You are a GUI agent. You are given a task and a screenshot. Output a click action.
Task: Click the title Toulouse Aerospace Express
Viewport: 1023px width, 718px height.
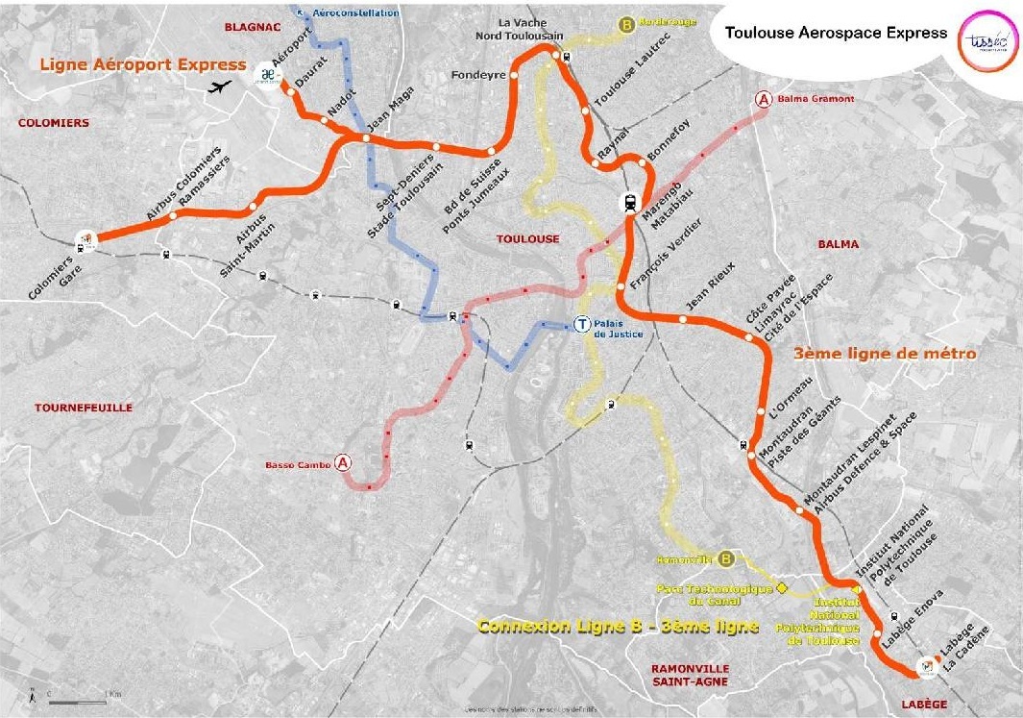coord(836,32)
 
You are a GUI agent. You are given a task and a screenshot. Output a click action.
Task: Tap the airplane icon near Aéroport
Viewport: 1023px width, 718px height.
coord(221,87)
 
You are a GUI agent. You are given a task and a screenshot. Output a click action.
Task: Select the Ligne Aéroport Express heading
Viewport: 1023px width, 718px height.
coord(143,64)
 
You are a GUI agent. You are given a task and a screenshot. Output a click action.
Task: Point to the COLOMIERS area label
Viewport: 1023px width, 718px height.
coord(53,123)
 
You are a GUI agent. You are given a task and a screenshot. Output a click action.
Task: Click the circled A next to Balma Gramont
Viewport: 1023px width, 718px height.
coord(764,99)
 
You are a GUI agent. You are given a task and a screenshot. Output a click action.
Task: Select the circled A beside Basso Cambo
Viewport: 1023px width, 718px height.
coord(343,464)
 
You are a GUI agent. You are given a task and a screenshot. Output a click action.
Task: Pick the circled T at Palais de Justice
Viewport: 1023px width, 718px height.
coord(580,325)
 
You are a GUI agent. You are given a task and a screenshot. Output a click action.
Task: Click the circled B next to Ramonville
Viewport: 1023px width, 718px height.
coord(726,557)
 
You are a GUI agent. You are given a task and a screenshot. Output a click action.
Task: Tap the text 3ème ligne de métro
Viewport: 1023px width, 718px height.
coord(886,354)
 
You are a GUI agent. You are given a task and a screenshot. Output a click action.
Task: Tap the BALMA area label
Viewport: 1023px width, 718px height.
coord(839,244)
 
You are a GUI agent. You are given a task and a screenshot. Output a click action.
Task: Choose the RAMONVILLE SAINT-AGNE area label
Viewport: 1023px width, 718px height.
coord(690,675)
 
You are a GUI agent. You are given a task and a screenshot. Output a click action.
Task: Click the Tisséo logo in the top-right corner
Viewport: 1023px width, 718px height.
coord(984,35)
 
